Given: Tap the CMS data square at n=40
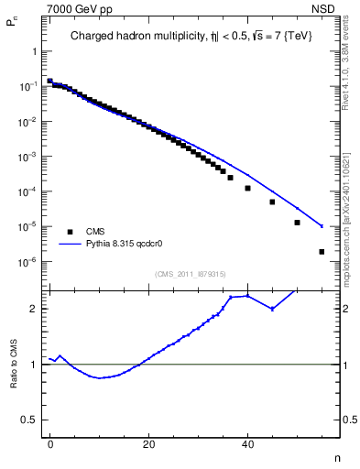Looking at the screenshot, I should click(247, 188).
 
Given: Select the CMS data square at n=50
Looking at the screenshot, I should click(297, 223).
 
